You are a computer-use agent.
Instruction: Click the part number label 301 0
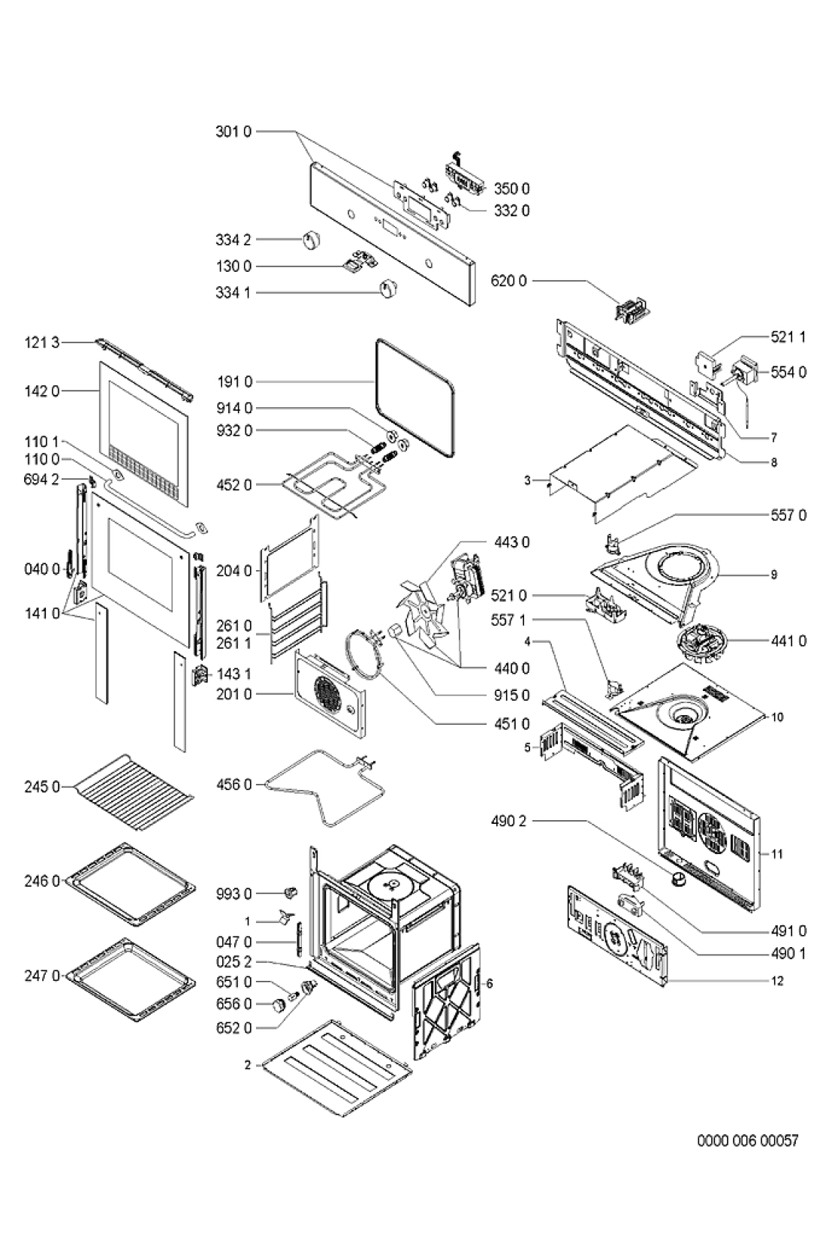(x=234, y=132)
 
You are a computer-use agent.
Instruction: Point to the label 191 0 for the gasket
(x=234, y=382)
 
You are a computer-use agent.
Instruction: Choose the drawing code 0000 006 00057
(x=747, y=1141)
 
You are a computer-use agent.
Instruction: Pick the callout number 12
(x=777, y=981)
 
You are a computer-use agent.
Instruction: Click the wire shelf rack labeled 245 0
(x=137, y=792)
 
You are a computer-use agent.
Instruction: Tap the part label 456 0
(x=234, y=784)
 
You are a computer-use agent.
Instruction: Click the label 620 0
(x=508, y=281)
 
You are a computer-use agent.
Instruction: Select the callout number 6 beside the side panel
(x=490, y=983)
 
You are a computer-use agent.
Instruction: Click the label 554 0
(x=788, y=372)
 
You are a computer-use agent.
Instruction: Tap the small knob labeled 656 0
(x=281, y=1005)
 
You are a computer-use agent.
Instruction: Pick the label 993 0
(x=234, y=893)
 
